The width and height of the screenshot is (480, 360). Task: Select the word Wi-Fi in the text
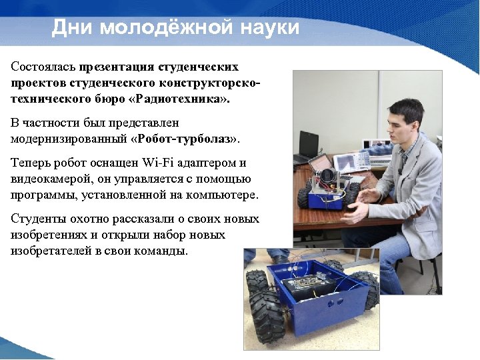point(154,163)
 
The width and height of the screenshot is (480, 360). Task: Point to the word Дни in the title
point(70,27)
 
